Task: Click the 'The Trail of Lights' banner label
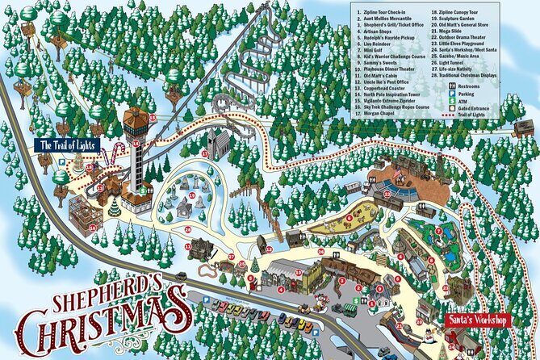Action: point(68,145)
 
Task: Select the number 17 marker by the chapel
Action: point(205,153)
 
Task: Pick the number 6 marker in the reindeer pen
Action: point(349,216)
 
